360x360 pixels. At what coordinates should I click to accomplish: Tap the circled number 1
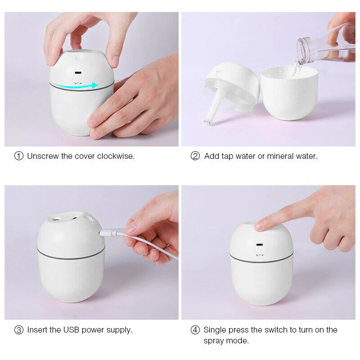click(x=18, y=156)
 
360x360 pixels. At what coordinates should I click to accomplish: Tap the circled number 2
click(x=195, y=156)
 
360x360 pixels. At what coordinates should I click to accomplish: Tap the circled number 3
click(x=18, y=330)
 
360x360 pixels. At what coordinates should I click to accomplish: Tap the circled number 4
click(x=195, y=330)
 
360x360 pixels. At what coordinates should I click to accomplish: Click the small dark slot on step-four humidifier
click(x=261, y=246)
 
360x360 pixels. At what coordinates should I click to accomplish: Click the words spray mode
click(x=226, y=341)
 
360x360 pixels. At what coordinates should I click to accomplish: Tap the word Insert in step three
click(x=37, y=330)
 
